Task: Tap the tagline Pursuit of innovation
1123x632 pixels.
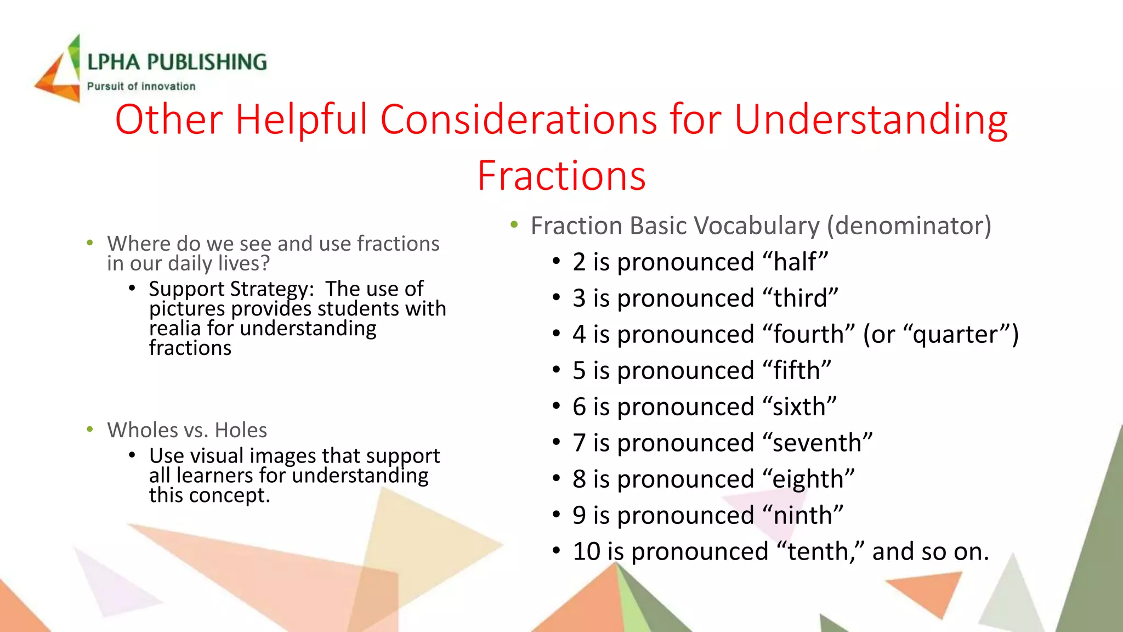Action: click(x=141, y=87)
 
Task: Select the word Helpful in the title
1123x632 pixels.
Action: click(x=301, y=119)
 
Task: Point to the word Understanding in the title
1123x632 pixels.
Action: click(x=870, y=119)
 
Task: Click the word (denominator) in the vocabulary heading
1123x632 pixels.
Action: click(x=909, y=226)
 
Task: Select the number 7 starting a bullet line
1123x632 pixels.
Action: click(x=579, y=443)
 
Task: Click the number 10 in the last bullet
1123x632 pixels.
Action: click(x=586, y=551)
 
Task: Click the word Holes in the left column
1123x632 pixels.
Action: click(x=241, y=430)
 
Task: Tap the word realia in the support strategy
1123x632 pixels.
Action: click(x=175, y=329)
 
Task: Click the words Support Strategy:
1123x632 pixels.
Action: click(x=231, y=289)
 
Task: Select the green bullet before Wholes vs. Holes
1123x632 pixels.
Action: click(x=90, y=430)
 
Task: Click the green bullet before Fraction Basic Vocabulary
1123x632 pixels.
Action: click(x=514, y=224)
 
